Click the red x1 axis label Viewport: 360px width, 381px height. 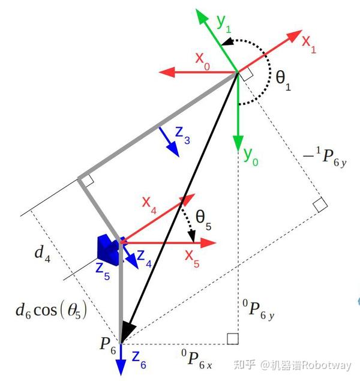pyautogui.click(x=308, y=45)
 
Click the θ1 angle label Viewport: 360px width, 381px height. pyautogui.click(x=283, y=80)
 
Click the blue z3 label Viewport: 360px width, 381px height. pyautogui.click(x=182, y=137)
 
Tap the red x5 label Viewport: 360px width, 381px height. pyautogui.click(x=193, y=259)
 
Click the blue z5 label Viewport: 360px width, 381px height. pyautogui.click(x=103, y=268)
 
